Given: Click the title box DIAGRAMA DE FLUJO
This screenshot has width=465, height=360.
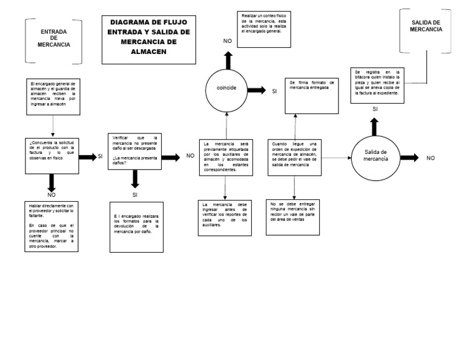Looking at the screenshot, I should coord(148,39).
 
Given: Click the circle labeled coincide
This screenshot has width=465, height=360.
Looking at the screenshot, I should coord(226,88).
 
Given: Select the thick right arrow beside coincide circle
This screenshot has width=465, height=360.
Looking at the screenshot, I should coord(257,90).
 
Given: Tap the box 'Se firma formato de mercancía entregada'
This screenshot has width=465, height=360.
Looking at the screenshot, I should coord(311,95).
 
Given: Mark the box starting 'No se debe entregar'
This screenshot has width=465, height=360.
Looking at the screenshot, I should coord(294,217).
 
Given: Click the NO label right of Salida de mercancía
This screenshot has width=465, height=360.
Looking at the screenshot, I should coord(430,158).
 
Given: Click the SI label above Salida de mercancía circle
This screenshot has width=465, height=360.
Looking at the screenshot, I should coord(375,109).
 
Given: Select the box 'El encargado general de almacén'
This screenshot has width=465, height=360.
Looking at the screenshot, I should coord(53,96).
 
